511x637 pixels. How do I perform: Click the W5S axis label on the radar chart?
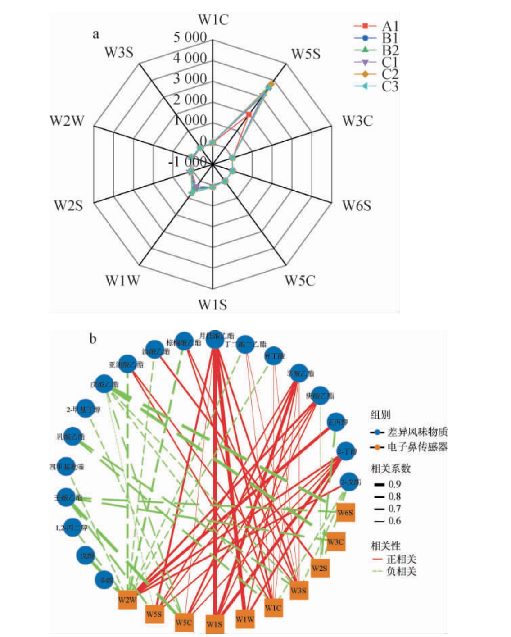pos(306,54)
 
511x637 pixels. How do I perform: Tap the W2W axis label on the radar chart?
pos(67,121)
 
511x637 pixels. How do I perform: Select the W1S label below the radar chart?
pos(213,305)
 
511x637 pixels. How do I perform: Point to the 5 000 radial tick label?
pos(190,37)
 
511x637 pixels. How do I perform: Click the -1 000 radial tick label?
pos(188,161)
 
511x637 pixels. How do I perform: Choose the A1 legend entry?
pos(390,26)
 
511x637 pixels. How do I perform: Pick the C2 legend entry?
pos(390,74)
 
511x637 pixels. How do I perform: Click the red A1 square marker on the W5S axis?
pos(249,115)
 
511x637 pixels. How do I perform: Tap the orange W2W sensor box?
pos(127,600)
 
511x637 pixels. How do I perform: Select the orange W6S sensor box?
pos(345,513)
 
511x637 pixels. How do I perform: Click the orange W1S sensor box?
pos(214,624)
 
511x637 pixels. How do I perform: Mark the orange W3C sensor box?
pos(335,542)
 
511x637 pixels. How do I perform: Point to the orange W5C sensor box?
pos(184,623)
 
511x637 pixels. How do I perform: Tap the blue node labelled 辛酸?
pos(105,579)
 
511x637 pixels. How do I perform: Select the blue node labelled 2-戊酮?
pos(349,482)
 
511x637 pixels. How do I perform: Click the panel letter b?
pos(93,338)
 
